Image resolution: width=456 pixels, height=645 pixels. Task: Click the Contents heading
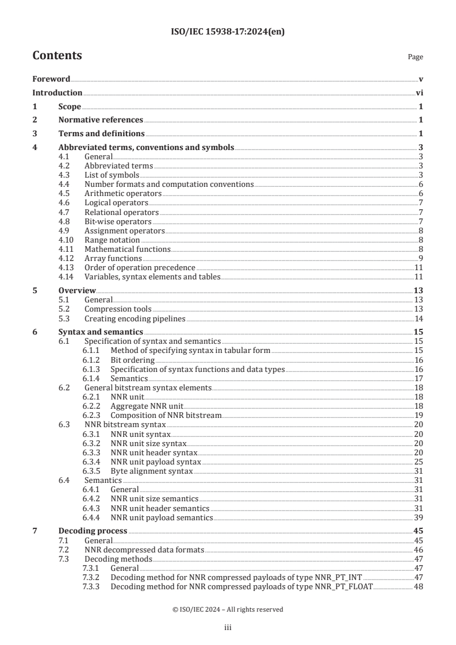(57, 56)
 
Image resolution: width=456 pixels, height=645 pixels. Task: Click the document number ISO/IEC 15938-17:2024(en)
(228, 32)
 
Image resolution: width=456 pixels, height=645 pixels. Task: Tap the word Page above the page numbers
(415, 57)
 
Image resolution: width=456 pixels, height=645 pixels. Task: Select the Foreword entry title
(51, 79)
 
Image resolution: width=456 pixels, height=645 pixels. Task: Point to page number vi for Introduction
(420, 93)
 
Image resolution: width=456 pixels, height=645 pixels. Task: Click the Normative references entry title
(101, 120)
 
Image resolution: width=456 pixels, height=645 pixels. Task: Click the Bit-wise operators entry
(118, 221)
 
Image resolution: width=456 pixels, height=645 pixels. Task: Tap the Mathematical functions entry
(127, 249)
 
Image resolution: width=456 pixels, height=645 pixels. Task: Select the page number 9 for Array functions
(421, 258)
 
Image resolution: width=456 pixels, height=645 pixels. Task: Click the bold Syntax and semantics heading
(101, 333)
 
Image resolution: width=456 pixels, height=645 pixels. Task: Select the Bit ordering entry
(132, 360)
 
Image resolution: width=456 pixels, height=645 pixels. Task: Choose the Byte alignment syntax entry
(151, 471)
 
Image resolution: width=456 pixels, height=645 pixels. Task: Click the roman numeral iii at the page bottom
(228, 628)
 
